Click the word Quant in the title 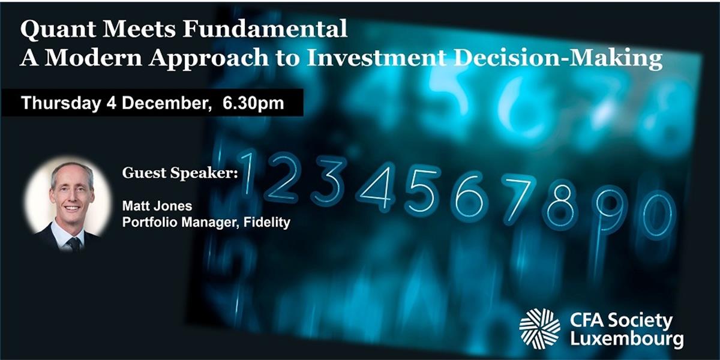point(58,29)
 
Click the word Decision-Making point(558,59)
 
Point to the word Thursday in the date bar point(61,103)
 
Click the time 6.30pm point(253,103)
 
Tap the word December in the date point(165,103)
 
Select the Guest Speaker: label point(180,173)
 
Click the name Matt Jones point(157,206)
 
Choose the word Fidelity point(267,223)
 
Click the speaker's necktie point(74,244)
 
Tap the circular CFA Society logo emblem point(539,329)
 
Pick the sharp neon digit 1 point(247,173)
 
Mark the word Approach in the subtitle point(208,59)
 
